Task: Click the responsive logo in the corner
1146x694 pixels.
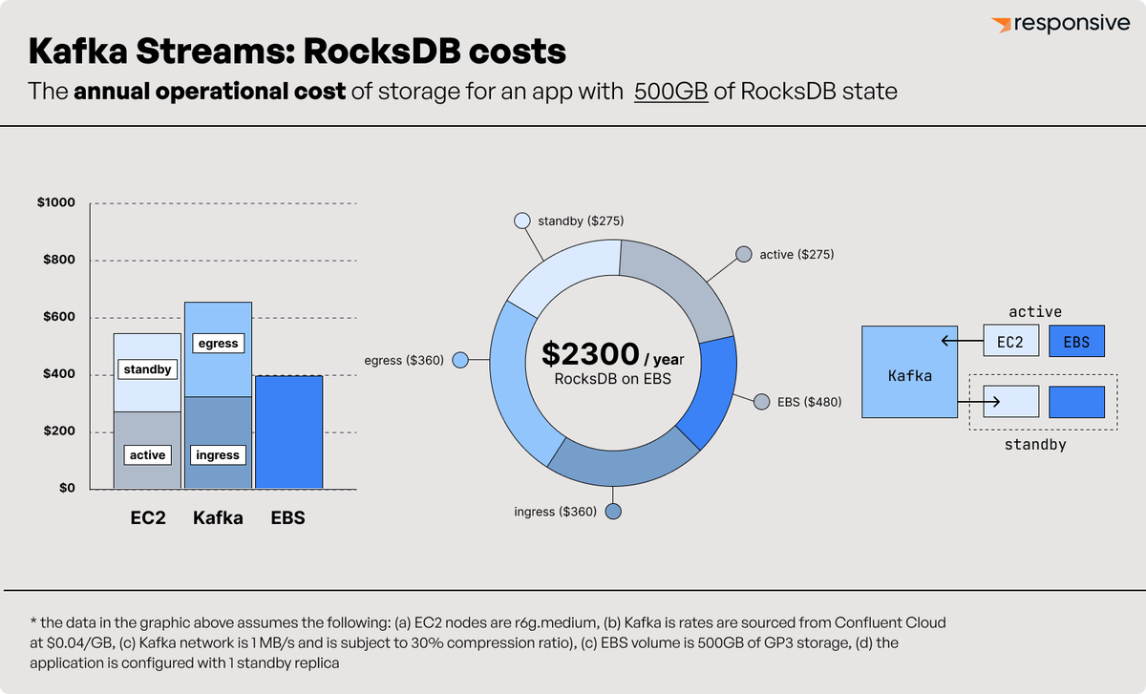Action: pyautogui.click(x=1060, y=24)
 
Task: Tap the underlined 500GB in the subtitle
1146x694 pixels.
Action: pyautogui.click(x=670, y=93)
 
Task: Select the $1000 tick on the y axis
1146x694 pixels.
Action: pyautogui.click(x=56, y=203)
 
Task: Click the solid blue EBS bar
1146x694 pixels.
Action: pyautogui.click(x=287, y=431)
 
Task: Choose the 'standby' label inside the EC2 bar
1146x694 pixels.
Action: pyautogui.click(x=147, y=368)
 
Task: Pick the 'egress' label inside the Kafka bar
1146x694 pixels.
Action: pyautogui.click(x=217, y=343)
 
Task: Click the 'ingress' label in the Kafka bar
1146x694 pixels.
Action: pyautogui.click(x=217, y=455)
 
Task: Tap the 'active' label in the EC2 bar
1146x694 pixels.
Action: pyautogui.click(x=147, y=455)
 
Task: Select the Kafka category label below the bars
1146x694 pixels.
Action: pyautogui.click(x=218, y=518)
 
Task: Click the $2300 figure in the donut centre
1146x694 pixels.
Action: pyautogui.click(x=590, y=354)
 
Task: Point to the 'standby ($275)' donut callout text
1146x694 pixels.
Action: pyautogui.click(x=581, y=221)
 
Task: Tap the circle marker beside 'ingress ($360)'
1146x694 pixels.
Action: pyautogui.click(x=614, y=512)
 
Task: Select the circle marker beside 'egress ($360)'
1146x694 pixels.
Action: pyautogui.click(x=459, y=360)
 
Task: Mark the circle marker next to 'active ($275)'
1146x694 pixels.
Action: pyautogui.click(x=743, y=255)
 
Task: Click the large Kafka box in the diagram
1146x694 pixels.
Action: pyautogui.click(x=909, y=372)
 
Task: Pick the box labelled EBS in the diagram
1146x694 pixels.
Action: pyautogui.click(x=1076, y=342)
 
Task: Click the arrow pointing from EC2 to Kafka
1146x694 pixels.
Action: pyautogui.click(x=959, y=341)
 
